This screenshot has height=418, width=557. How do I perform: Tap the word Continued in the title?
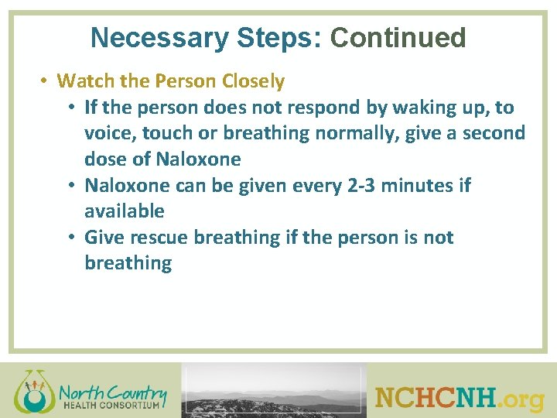398,37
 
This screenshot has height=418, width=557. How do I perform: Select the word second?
494,133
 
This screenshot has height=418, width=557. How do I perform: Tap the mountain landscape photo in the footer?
274,391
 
